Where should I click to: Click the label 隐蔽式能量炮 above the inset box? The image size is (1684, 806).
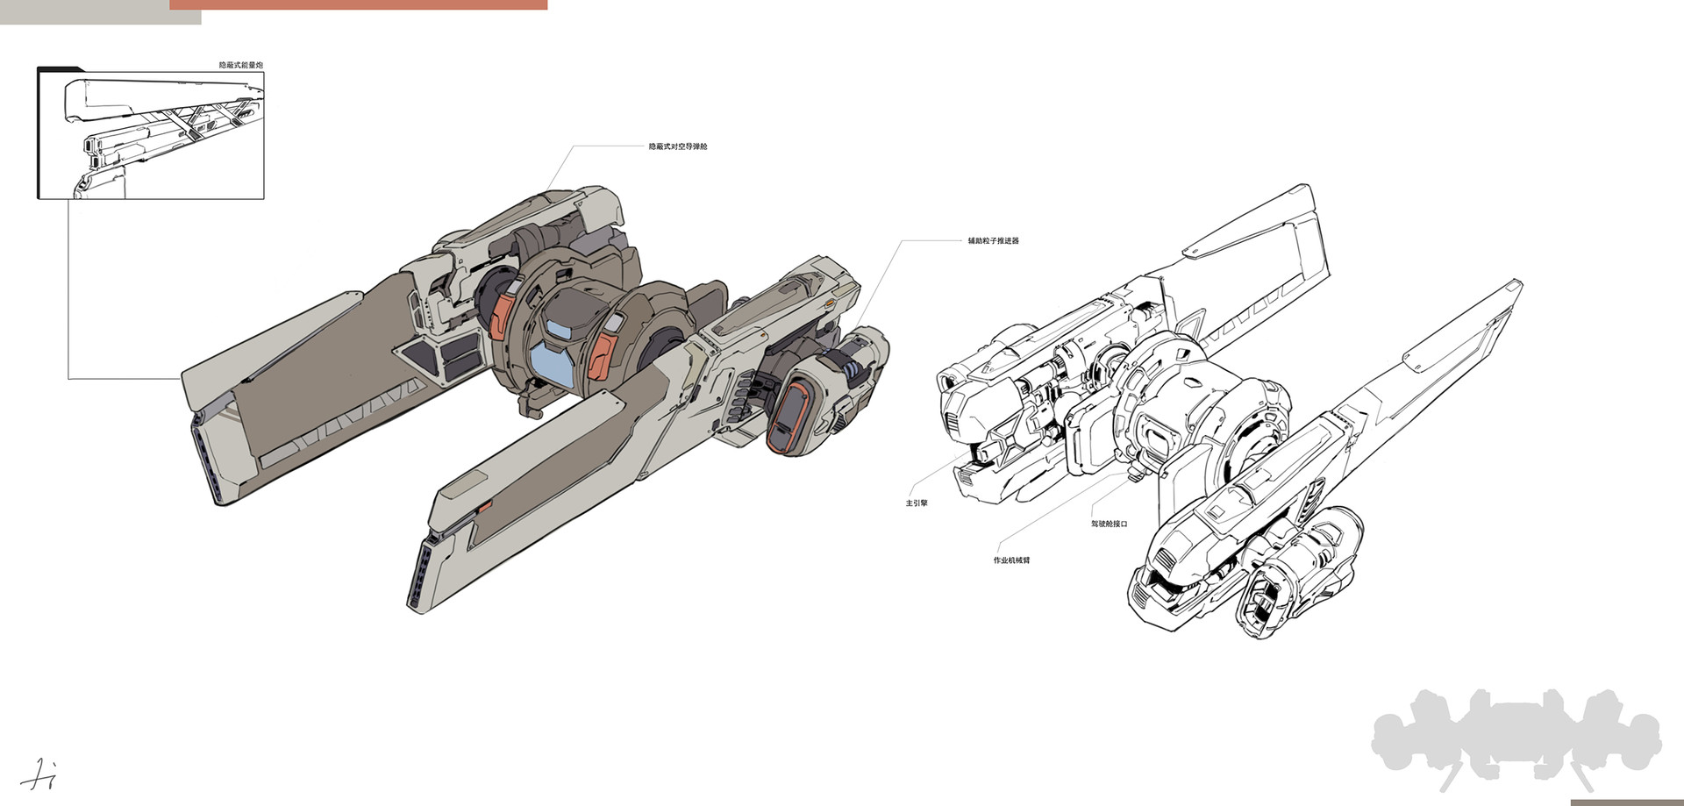[x=240, y=65]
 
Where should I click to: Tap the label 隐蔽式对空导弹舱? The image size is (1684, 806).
[x=677, y=146]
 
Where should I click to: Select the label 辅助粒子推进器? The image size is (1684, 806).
[x=993, y=240]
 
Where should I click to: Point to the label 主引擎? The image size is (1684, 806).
[x=917, y=503]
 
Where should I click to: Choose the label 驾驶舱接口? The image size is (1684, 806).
[x=1109, y=524]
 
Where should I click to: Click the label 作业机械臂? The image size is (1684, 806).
[x=1011, y=560]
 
